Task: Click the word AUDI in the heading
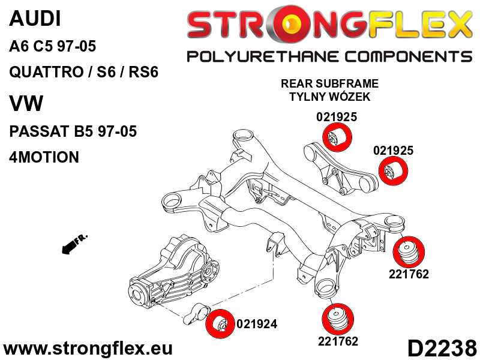coord(35,19)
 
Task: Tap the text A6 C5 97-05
coord(53,47)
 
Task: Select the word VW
coord(26,103)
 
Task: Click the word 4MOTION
coord(44,157)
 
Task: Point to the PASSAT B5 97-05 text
coord(73,131)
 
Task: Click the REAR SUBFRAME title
coord(329,83)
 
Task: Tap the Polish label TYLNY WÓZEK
coord(329,97)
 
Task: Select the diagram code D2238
coord(442,349)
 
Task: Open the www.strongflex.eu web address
coord(88,349)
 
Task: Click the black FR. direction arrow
coord(74,244)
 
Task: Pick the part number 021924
coord(257,324)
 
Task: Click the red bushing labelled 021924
coord(220,324)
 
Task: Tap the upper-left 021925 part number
coord(337,117)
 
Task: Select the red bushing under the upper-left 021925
coord(337,137)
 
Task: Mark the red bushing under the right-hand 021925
coord(394,171)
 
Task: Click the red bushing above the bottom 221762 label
coord(338,319)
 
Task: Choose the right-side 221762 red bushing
coord(409,252)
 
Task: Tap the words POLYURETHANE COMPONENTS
coord(329,57)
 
